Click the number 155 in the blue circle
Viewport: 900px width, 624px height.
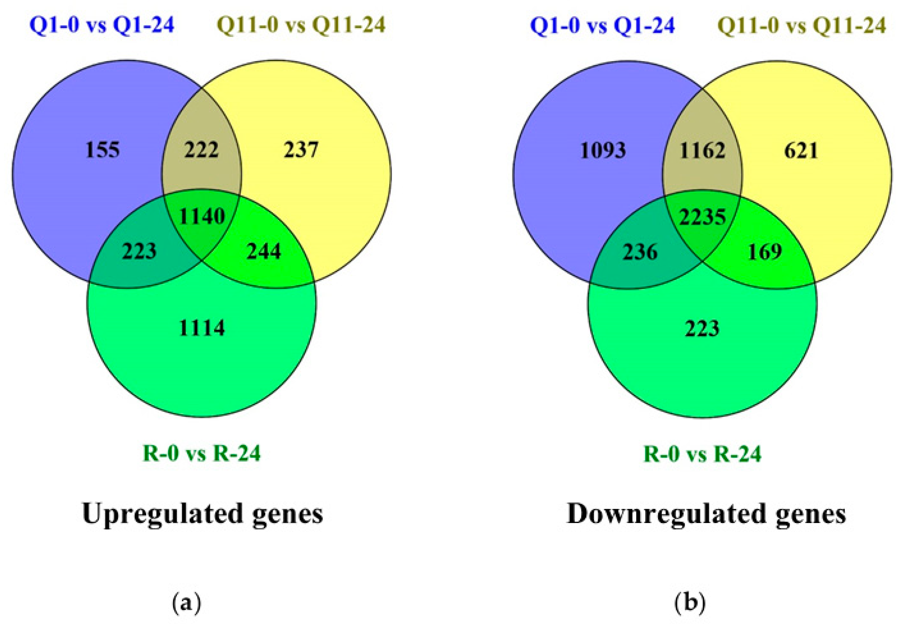(x=103, y=150)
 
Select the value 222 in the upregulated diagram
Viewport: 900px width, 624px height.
(x=201, y=150)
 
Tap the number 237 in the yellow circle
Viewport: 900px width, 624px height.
(x=301, y=150)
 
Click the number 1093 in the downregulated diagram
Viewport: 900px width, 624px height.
(x=603, y=150)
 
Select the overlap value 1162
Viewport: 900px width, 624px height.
(x=702, y=150)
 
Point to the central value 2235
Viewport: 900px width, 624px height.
(x=702, y=217)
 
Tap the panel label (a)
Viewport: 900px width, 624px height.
(x=186, y=603)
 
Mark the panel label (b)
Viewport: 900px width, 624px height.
(x=690, y=603)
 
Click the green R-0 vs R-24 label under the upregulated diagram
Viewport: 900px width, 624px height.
(x=202, y=454)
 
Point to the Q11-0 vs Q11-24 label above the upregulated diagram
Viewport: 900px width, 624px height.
(x=301, y=25)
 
